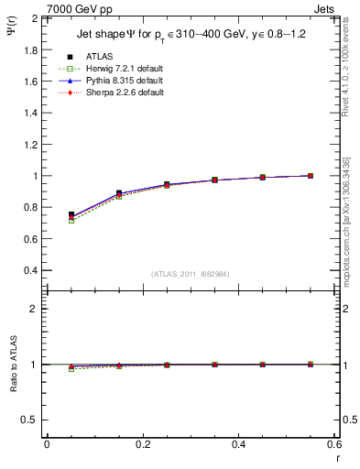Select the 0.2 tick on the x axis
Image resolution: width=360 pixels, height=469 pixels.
click(x=142, y=444)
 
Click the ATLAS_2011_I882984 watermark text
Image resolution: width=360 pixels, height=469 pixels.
click(x=190, y=274)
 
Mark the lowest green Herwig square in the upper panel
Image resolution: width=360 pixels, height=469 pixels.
click(x=71, y=221)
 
